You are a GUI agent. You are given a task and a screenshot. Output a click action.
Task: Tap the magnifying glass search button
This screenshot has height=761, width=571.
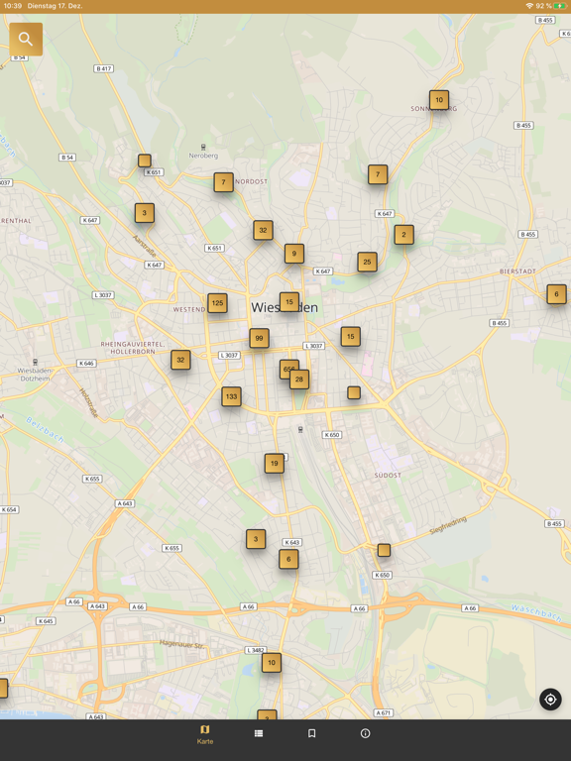pos(26,40)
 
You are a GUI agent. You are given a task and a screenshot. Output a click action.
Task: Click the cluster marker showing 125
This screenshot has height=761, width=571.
pos(217,303)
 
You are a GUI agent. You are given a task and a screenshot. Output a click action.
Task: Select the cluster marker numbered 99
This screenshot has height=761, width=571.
pos(259,339)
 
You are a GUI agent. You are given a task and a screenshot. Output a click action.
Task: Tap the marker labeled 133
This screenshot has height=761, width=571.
pos(231,396)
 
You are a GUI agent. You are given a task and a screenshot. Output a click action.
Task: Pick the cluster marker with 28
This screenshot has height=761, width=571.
pos(299,380)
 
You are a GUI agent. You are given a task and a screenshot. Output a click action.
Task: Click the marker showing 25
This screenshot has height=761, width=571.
pos(367,263)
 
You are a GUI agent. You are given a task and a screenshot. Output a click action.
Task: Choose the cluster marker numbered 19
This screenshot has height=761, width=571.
pos(274,463)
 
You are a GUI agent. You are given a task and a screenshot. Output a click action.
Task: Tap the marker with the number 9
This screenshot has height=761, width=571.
pos(293,254)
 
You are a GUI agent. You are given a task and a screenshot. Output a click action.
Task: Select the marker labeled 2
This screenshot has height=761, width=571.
pos(403,235)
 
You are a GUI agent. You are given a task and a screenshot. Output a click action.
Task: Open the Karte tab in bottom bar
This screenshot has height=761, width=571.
pos(205,734)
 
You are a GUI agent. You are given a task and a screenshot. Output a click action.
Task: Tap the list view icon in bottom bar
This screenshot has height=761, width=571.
pos(259,733)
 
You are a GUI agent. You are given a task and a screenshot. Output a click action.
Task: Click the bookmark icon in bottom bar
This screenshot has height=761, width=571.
pos(311,733)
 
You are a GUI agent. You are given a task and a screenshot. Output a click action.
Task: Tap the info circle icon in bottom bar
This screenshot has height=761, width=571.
pos(365,733)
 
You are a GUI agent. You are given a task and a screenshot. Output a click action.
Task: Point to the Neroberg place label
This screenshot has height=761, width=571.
pos(203,156)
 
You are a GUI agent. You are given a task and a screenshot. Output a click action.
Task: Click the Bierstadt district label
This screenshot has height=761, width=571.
pos(516,270)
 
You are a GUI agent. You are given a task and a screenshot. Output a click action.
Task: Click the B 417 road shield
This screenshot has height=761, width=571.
pos(104,68)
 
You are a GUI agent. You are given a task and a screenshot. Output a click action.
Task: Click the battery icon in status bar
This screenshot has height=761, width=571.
pos(560,6)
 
